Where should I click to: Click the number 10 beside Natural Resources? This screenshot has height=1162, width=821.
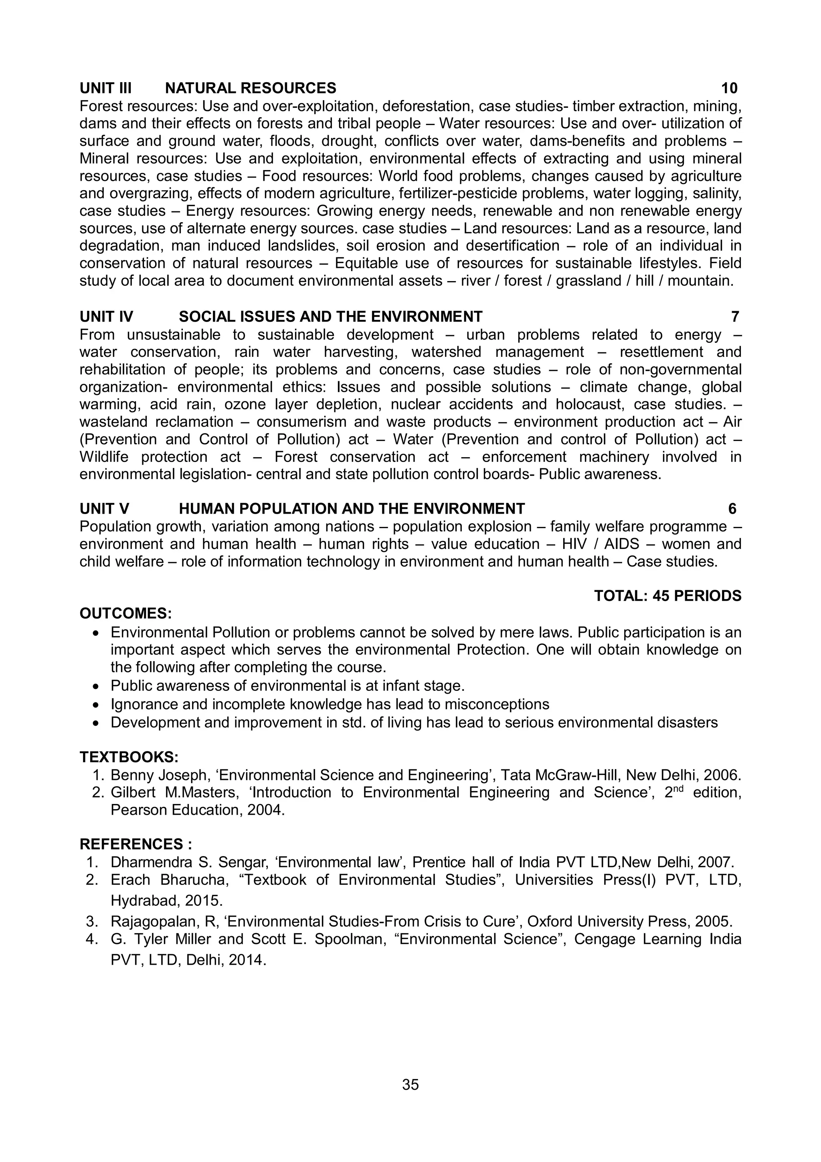[x=729, y=88]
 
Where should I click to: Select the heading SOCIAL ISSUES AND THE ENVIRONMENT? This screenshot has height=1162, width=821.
[x=330, y=317]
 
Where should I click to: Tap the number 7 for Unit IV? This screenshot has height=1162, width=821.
[x=735, y=317]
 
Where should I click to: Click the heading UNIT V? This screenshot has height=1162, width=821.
[x=104, y=509]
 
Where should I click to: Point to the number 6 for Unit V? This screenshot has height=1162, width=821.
[x=732, y=509]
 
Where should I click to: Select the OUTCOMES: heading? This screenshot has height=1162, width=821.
[x=125, y=613]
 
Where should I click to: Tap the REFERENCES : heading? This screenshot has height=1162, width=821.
[x=135, y=844]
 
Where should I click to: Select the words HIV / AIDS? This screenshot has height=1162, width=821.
[x=601, y=544]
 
